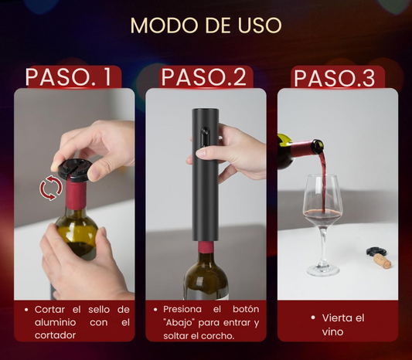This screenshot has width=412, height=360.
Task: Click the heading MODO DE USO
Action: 206,25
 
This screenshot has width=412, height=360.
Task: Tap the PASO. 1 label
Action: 69,77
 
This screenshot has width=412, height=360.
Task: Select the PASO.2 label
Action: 204,77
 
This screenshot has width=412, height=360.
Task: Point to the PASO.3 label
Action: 334,78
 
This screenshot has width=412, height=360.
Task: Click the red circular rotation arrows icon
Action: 51,188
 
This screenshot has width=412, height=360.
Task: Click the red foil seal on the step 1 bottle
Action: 76,195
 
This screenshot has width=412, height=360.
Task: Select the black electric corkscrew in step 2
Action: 205,175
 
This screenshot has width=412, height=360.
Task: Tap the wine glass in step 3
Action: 322,225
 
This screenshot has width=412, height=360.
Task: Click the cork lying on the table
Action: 383,261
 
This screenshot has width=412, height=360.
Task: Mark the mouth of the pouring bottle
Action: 318,147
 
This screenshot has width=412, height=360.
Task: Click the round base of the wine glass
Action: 322,270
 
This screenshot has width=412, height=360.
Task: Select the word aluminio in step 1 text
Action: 56,322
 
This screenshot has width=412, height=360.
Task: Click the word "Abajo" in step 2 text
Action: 180,323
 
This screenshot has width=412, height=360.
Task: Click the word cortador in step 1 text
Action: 55,335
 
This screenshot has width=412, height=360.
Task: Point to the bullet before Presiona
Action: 155,310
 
